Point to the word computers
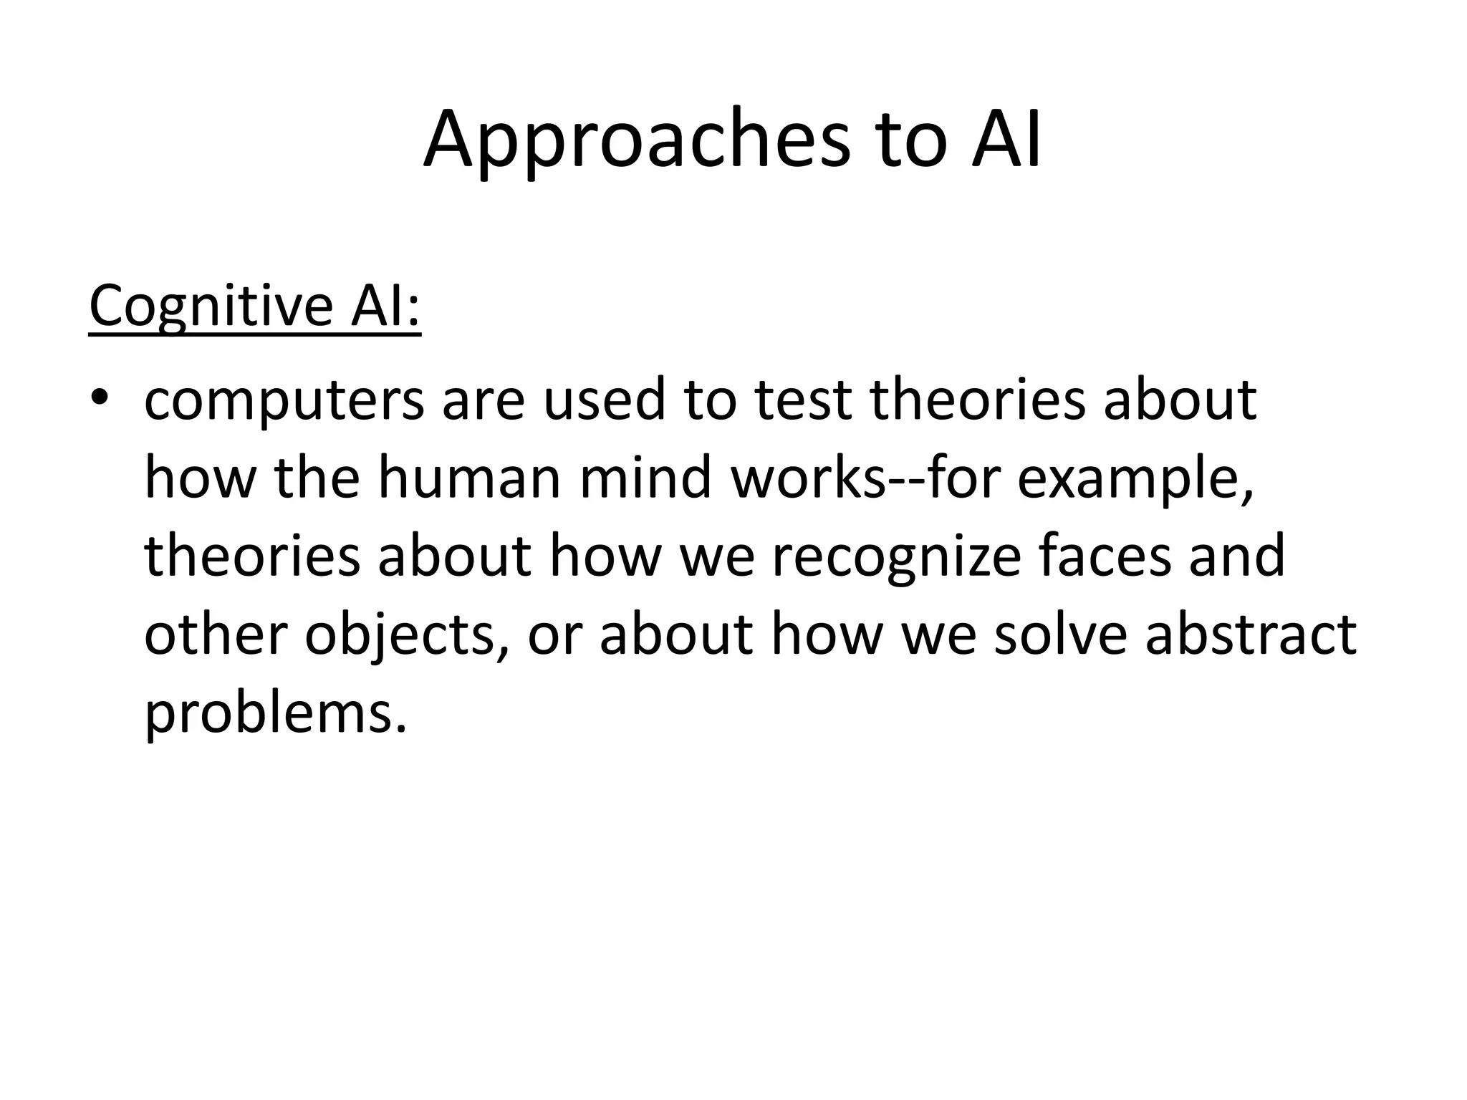click(284, 401)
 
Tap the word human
click(468, 478)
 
